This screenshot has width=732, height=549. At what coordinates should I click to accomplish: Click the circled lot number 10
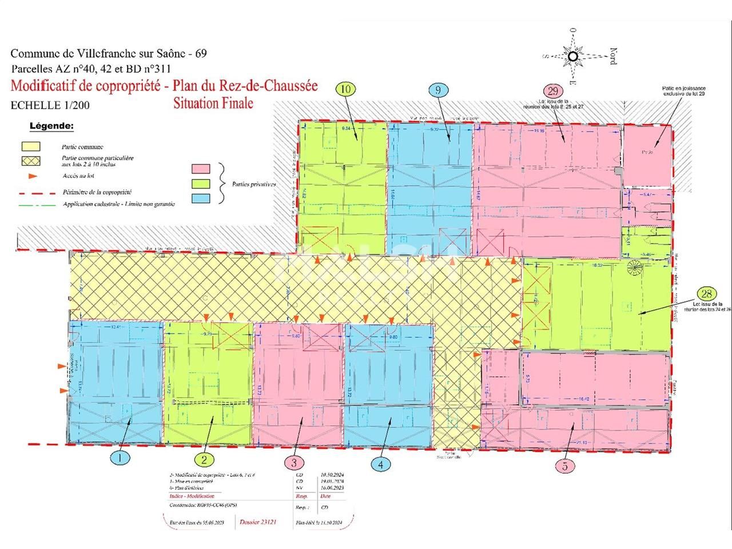click(x=346, y=89)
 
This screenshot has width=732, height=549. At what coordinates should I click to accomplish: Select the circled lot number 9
click(x=438, y=90)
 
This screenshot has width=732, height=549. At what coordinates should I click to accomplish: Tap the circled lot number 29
click(x=552, y=91)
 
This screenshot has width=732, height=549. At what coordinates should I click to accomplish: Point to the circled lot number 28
click(x=707, y=294)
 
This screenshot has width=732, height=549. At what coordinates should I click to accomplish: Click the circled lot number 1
click(x=120, y=457)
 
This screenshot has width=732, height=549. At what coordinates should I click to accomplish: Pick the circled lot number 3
click(x=294, y=462)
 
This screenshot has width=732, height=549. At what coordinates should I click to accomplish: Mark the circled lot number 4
click(x=381, y=464)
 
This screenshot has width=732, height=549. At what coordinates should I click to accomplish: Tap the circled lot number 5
click(x=565, y=466)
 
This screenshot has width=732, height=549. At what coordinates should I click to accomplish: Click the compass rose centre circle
click(x=573, y=56)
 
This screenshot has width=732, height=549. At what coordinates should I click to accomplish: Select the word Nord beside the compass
click(x=612, y=56)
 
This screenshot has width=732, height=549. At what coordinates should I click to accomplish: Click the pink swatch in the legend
click(x=201, y=169)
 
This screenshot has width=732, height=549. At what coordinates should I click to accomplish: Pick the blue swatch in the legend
click(x=201, y=198)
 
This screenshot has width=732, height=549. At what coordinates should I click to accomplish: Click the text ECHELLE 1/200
click(x=50, y=105)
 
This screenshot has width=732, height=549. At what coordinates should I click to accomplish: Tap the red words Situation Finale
click(x=213, y=104)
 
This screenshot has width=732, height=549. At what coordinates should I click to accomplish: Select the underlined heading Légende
click(x=51, y=126)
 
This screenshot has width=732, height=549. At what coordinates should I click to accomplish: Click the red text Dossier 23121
click(x=258, y=522)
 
